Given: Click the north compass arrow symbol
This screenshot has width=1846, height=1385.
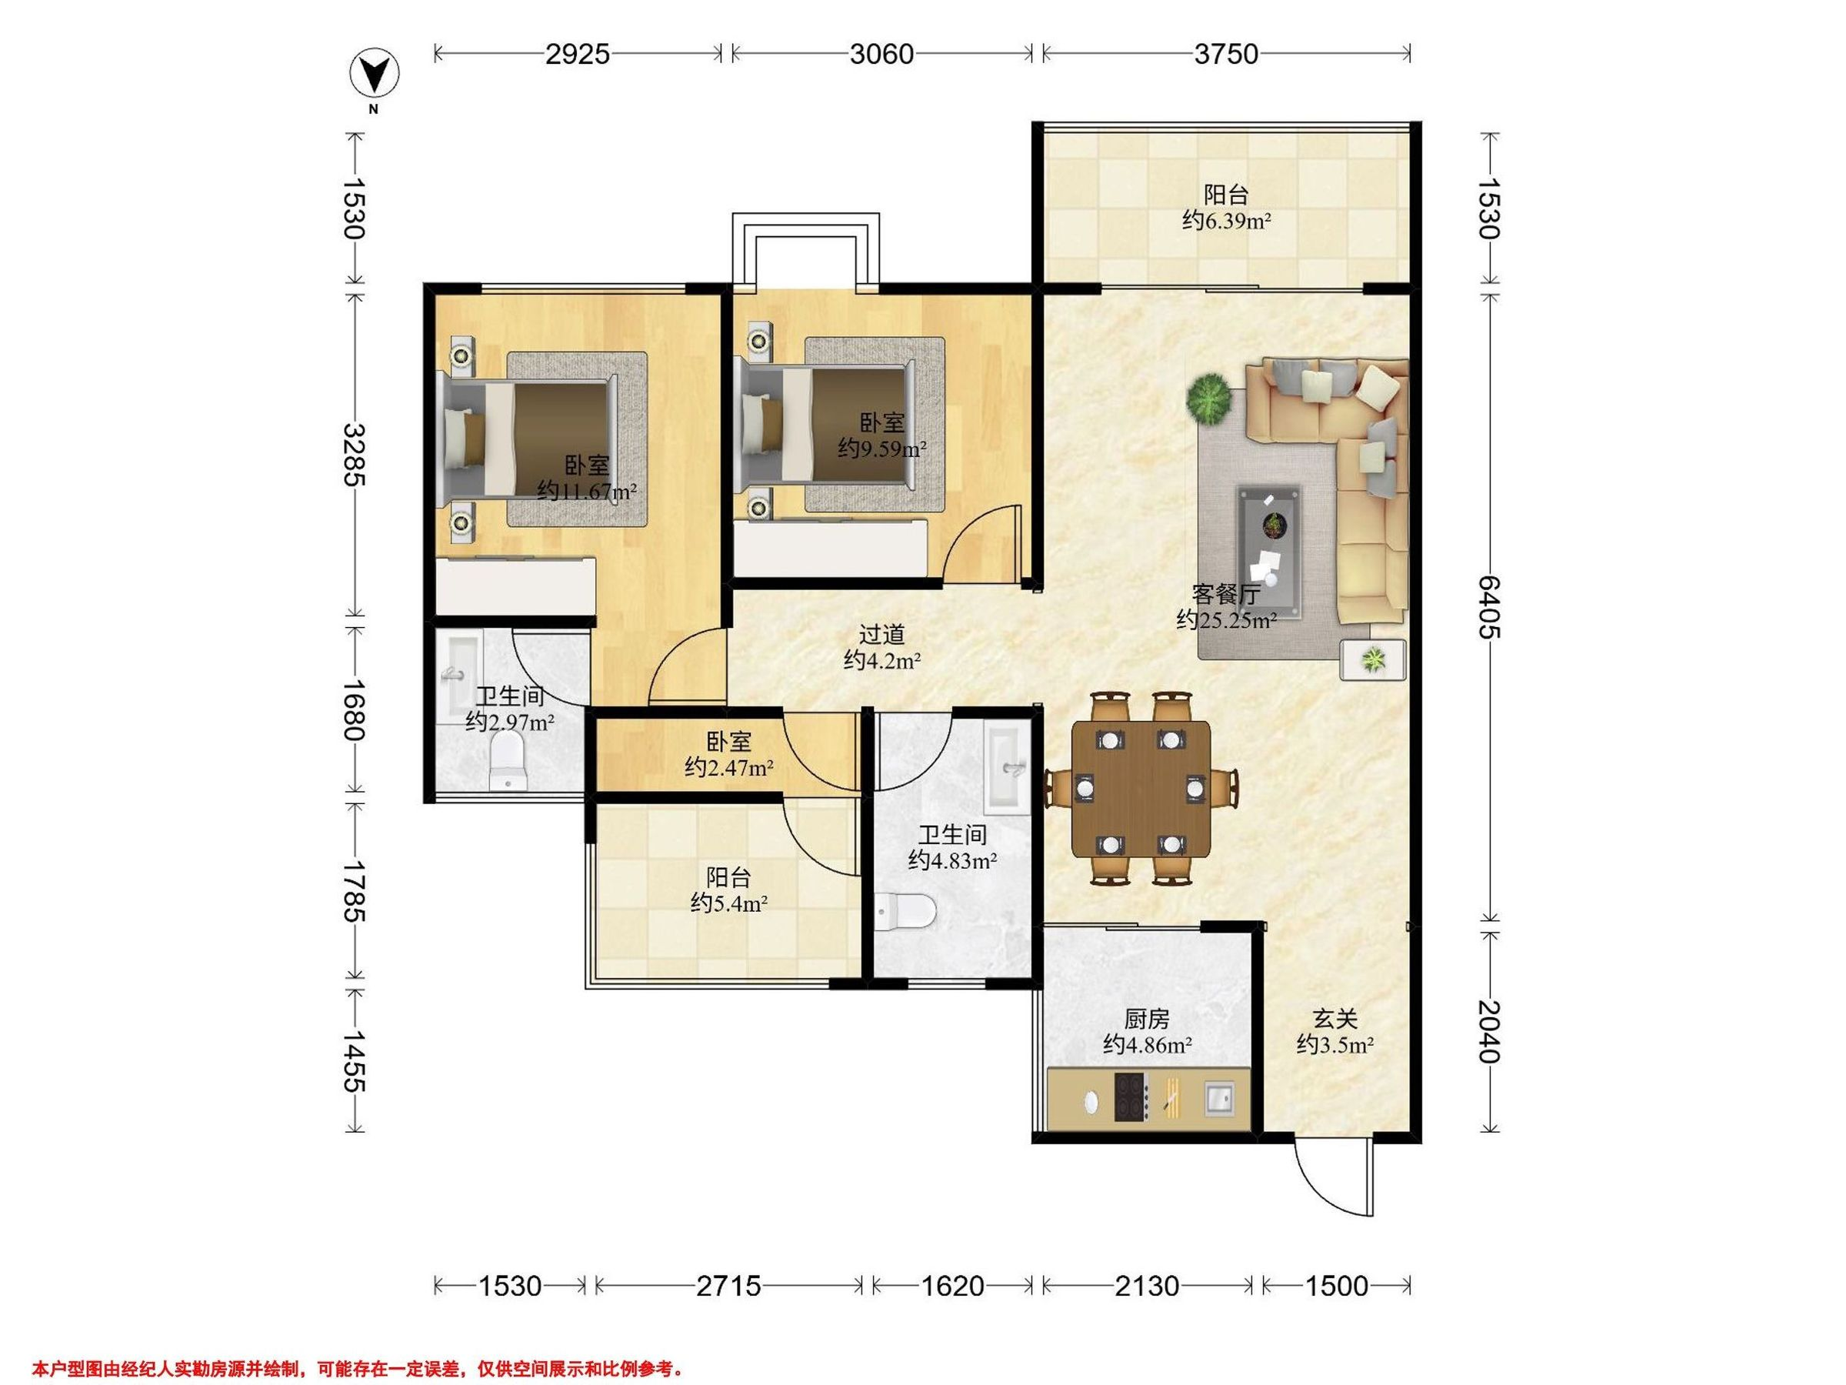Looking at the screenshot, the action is pos(373,75).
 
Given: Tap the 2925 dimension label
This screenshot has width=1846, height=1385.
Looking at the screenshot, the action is pos(578,55).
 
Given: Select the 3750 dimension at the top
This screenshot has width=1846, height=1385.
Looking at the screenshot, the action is pos(1226,55).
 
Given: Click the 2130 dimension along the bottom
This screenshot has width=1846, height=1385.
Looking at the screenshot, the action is pos(1147,1286).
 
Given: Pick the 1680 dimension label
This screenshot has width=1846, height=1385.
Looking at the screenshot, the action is pos(354,709).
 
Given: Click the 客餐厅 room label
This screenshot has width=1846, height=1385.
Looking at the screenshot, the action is pos(1225,595).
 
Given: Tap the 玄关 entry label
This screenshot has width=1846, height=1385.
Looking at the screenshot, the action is pos(1335,1019).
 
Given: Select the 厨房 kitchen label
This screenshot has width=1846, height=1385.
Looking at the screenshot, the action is pos(1147,1019).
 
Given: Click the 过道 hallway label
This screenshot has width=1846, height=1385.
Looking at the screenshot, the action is pos(882,635).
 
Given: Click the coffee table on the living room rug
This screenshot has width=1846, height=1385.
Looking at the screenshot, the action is pos(1268,539).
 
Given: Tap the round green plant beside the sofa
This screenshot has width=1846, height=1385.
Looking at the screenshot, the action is pos(1209,399).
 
